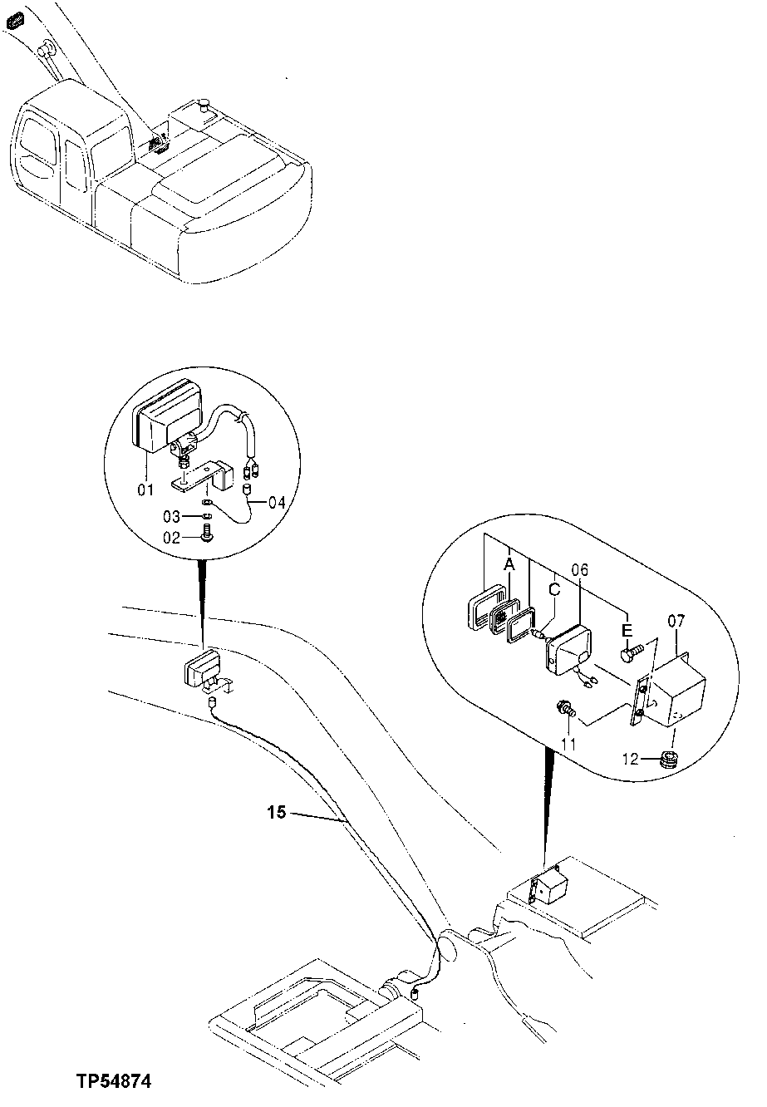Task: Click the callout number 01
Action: [145, 490]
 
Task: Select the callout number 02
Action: [171, 538]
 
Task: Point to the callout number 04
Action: [277, 503]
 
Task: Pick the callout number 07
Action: [676, 619]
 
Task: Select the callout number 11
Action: [568, 743]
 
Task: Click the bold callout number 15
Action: [278, 812]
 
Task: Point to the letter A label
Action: [509, 564]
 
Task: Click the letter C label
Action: [554, 591]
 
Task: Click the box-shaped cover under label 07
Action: [679, 691]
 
